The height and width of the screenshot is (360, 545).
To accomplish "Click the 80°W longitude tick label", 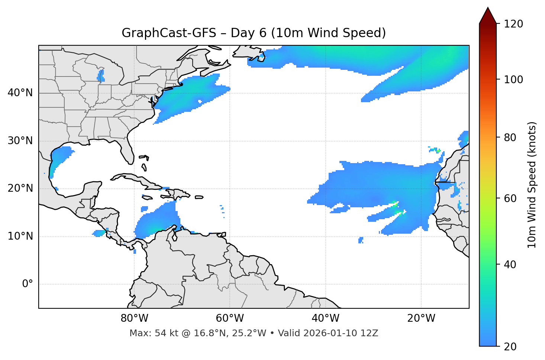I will coord(134,318).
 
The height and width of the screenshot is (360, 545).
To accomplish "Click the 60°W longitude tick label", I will coord(230,318).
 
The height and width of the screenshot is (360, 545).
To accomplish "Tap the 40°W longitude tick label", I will coord(325,318).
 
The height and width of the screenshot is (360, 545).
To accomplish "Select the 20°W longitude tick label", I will coord(421,318).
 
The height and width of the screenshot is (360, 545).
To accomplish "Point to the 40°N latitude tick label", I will coord(20,93).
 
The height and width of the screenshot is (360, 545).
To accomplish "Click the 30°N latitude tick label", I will coord(20,141).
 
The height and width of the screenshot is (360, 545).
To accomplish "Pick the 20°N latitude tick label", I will coord(20,188).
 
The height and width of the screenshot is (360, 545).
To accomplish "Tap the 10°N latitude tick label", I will coord(20,236).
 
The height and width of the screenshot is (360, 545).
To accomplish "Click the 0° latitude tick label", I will coord(28,284).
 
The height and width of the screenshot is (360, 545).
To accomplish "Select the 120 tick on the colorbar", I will coord(513,24).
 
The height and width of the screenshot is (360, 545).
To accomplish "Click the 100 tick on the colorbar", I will coord(513,80).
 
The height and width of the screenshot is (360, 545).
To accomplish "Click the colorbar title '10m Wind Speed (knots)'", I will coord(532,185).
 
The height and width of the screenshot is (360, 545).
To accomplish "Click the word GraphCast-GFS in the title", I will coord(169,33).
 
